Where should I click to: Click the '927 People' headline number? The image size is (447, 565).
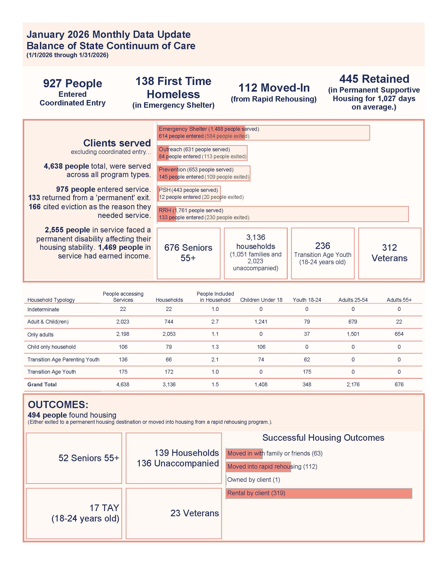coord(72,84)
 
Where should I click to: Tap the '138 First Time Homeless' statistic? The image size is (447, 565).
coord(173,88)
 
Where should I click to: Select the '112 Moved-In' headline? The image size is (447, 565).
coord(274,88)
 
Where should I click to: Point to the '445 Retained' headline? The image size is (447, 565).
coord(374,79)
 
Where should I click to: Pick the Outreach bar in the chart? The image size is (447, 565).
coord(202,153)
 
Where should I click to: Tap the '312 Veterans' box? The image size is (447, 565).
coord(389,253)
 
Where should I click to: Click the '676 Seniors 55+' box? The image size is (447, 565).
coord(188,253)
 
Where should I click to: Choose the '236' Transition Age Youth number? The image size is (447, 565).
coord(322,246)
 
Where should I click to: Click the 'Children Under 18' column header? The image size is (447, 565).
coord(261,300)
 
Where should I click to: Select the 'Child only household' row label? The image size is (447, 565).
coord(52,347)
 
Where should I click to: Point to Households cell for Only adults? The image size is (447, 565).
coord(169,334)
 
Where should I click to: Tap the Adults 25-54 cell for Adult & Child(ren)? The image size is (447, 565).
coord(353,321)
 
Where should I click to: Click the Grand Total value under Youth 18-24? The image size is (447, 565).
coord(307,385)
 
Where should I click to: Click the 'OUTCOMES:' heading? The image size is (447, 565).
coord(58,405)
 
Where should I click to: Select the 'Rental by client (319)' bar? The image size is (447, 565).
coord(319,493)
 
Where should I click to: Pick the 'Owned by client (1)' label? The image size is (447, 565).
coord(254,480)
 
